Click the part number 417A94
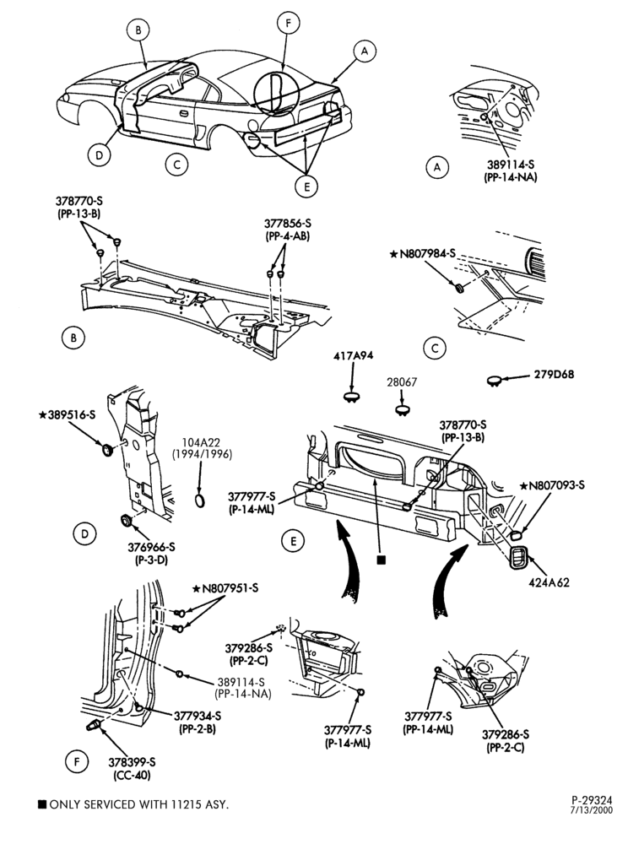[x=353, y=356]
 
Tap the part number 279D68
[x=553, y=374]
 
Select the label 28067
[x=402, y=382]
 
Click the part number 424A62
[x=549, y=582]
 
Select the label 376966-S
[x=152, y=548]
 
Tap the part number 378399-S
[x=132, y=762]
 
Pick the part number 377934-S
[x=198, y=716]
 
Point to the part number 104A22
[x=202, y=442]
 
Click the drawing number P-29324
[x=592, y=800]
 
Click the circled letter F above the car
[x=289, y=23]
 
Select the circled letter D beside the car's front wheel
[x=99, y=155]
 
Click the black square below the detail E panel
[x=381, y=560]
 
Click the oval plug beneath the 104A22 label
[x=200, y=500]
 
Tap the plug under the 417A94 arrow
[x=351, y=397]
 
